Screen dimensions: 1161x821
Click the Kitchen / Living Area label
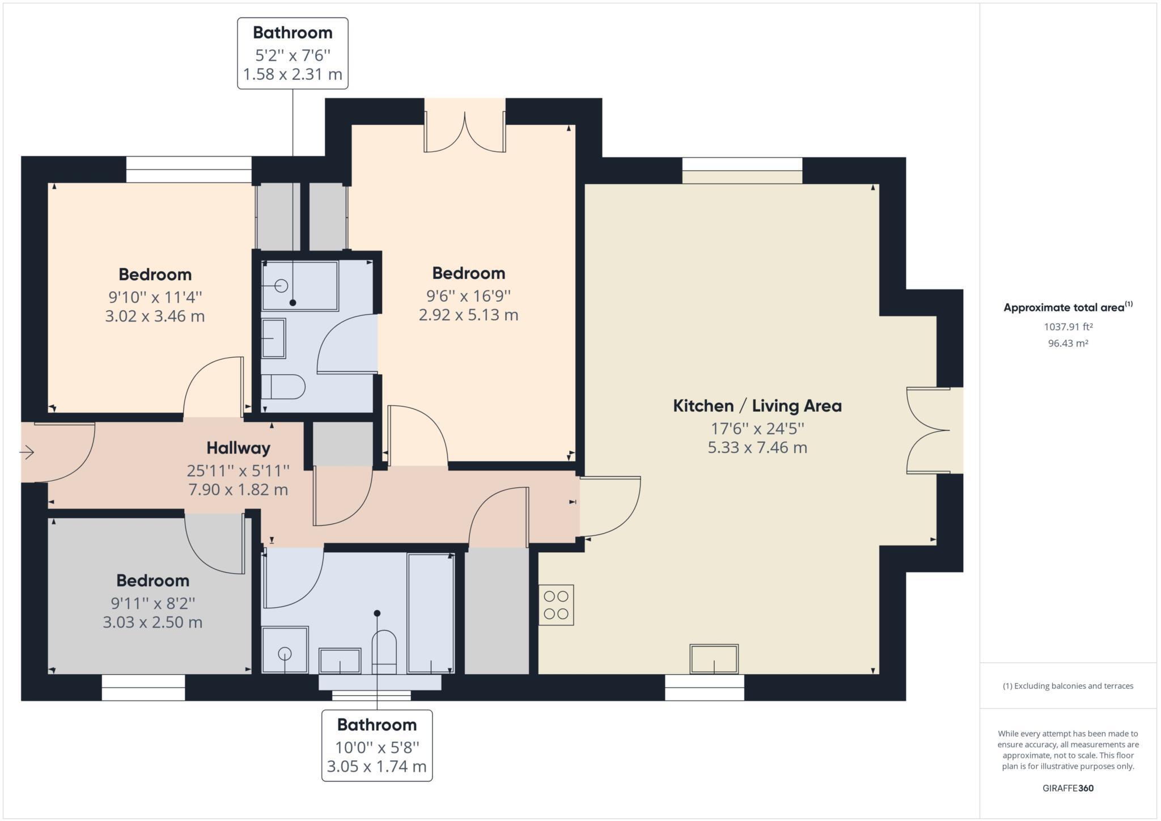(x=757, y=406)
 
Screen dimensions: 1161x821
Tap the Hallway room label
(x=238, y=448)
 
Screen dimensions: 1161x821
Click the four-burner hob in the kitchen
(x=556, y=605)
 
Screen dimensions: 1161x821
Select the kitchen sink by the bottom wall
(x=714, y=659)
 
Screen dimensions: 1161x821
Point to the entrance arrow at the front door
(x=27, y=452)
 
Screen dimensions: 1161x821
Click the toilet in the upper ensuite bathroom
(x=283, y=387)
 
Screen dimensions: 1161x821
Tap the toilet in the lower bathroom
(x=384, y=651)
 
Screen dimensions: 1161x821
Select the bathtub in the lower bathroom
(x=431, y=613)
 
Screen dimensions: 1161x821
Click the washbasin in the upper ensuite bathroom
(x=273, y=338)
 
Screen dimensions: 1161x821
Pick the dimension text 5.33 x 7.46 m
(x=757, y=447)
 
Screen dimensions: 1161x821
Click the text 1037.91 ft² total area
(x=1068, y=327)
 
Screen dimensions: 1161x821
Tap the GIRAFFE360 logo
(x=1068, y=788)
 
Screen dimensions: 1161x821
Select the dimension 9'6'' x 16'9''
(x=469, y=295)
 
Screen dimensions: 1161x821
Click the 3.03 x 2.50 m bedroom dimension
(x=152, y=622)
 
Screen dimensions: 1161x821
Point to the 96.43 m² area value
(x=1068, y=343)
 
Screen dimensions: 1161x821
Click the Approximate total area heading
(x=1068, y=307)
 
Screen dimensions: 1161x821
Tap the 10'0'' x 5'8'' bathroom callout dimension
(x=377, y=748)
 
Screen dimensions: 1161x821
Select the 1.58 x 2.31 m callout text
(x=293, y=74)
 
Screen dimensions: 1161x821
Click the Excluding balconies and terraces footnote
(x=1068, y=686)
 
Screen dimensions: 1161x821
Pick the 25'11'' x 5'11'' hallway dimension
(x=238, y=470)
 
